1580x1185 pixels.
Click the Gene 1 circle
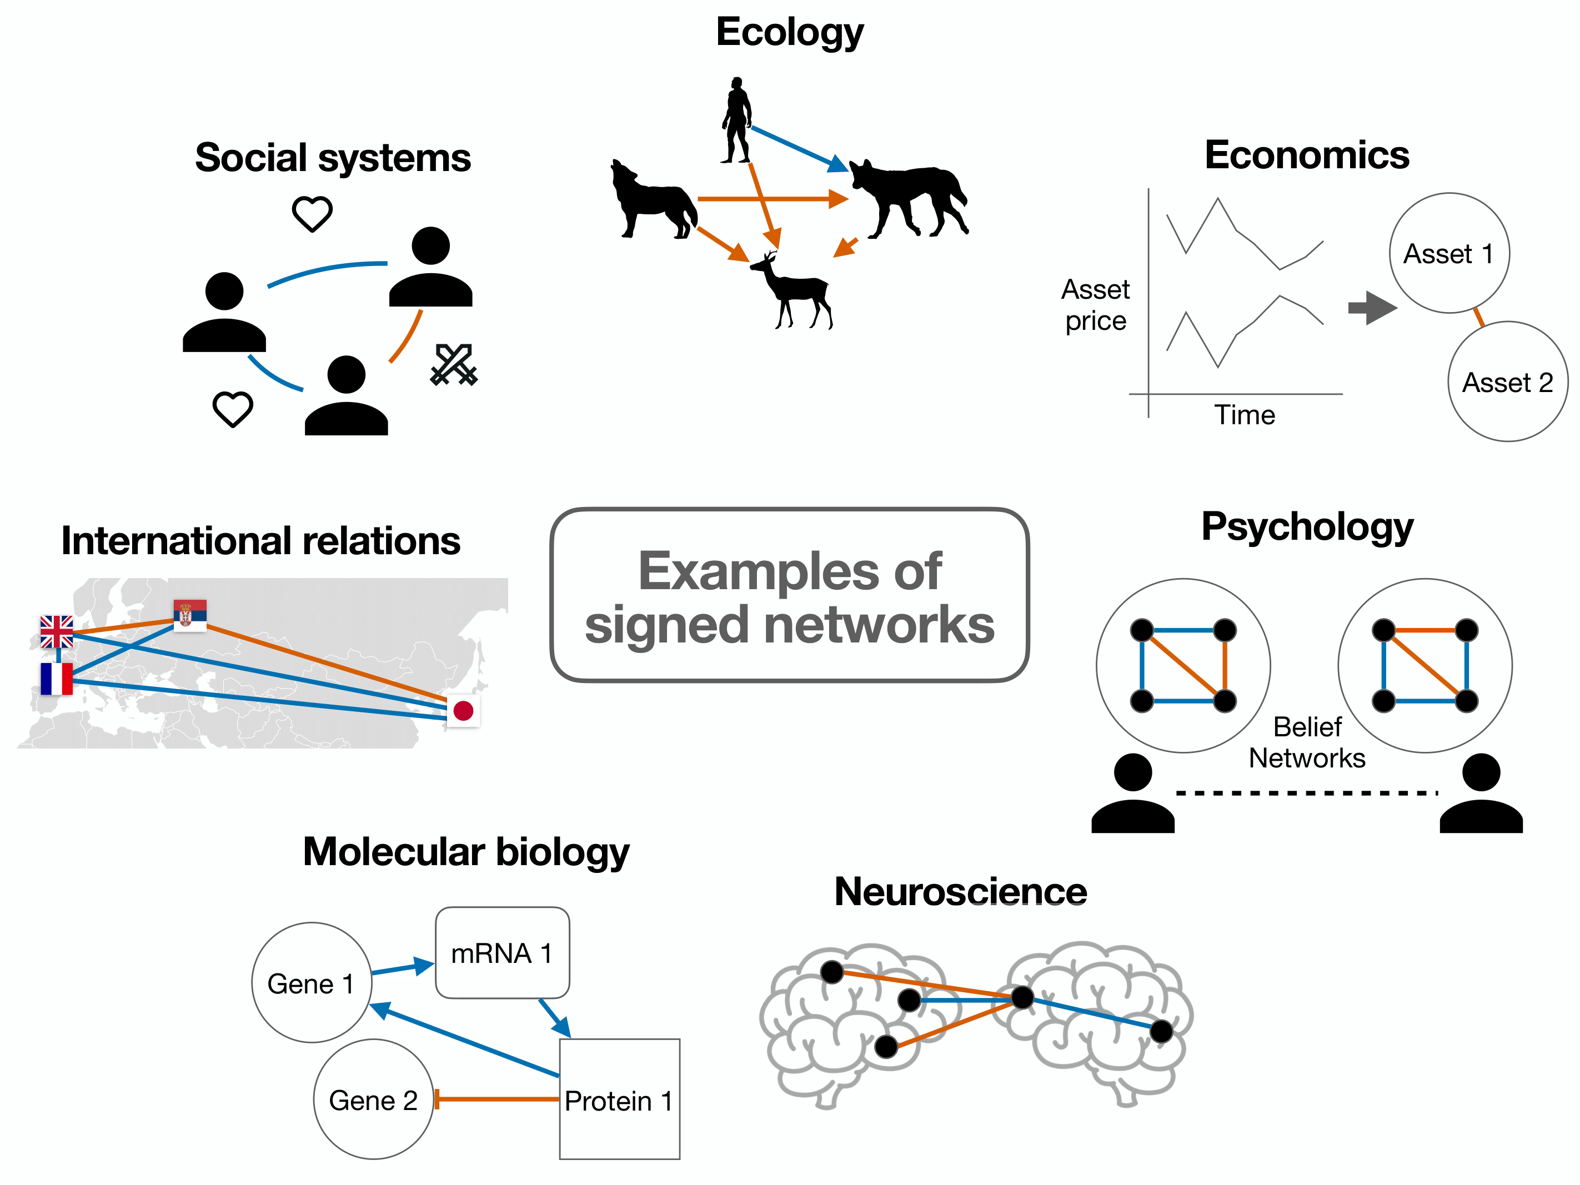312,982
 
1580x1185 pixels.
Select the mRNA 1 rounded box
502,952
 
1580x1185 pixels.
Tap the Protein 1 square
619,1098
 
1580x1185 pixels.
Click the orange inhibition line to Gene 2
496,1098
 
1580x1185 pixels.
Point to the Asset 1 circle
1448,253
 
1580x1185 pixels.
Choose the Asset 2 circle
1507,381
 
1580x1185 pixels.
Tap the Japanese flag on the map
463,710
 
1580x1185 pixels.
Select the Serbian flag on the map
190,615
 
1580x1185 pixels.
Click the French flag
57,679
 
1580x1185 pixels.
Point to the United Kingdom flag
57,631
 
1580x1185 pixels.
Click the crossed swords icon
454,365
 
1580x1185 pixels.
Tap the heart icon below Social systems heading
312,213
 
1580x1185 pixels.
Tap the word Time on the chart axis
1245,414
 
